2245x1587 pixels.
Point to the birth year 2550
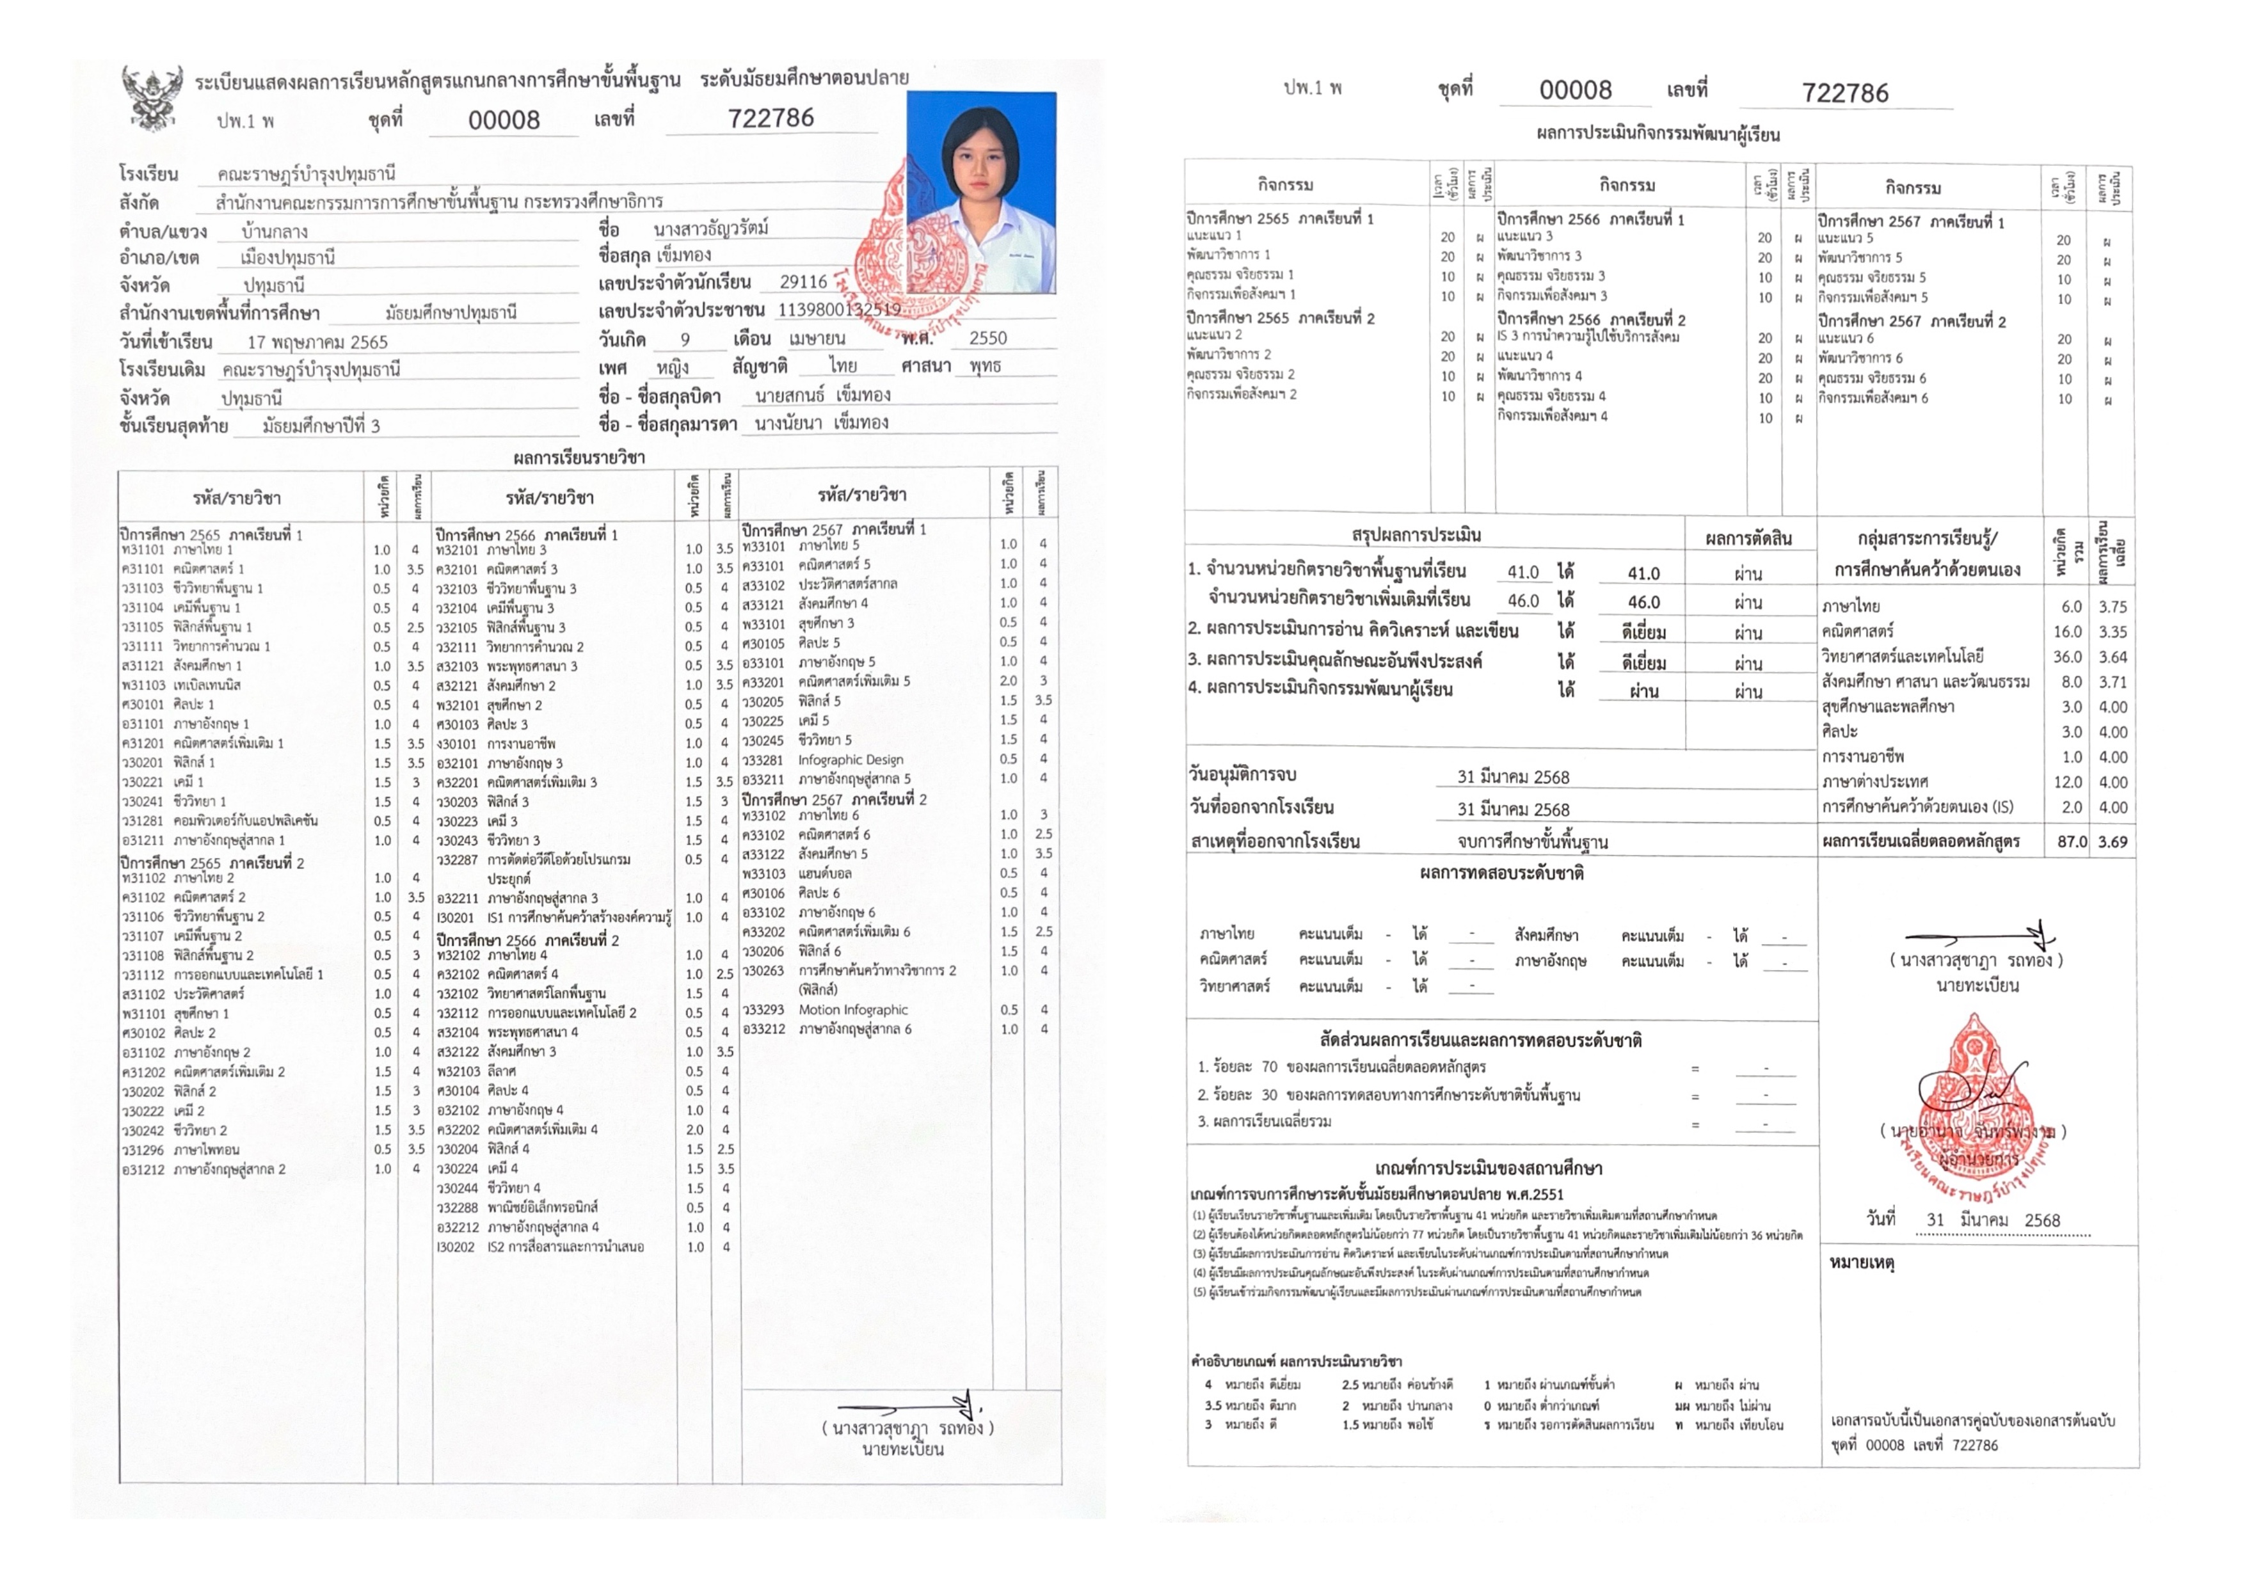[x=987, y=339]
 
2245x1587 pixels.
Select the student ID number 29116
[x=804, y=282]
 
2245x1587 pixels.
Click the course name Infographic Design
[x=850, y=760]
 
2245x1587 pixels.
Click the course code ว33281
[x=763, y=760]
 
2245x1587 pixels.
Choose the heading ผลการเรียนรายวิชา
[x=579, y=458]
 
